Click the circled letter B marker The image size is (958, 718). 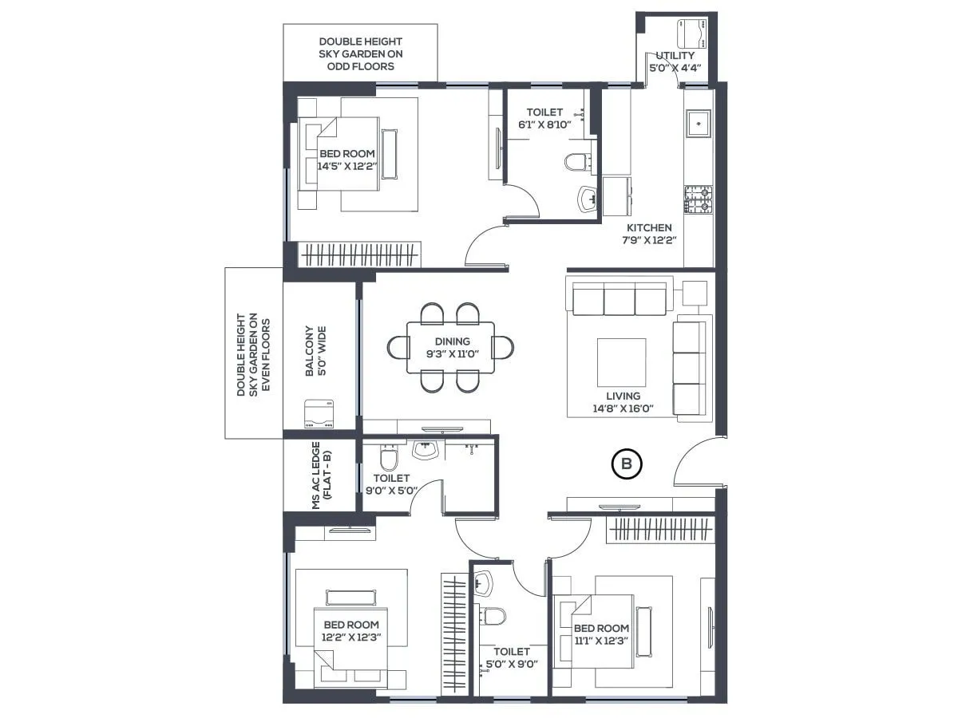(x=627, y=464)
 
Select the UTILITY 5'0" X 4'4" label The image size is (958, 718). (x=675, y=61)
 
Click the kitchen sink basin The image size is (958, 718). (x=699, y=124)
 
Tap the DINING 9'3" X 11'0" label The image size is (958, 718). (x=452, y=347)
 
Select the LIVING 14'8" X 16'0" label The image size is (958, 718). (x=623, y=401)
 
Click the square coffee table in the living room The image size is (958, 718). (x=622, y=362)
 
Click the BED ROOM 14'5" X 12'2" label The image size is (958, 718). (x=346, y=160)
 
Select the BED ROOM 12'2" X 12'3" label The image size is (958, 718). (x=351, y=630)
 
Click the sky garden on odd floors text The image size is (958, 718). (x=361, y=53)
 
